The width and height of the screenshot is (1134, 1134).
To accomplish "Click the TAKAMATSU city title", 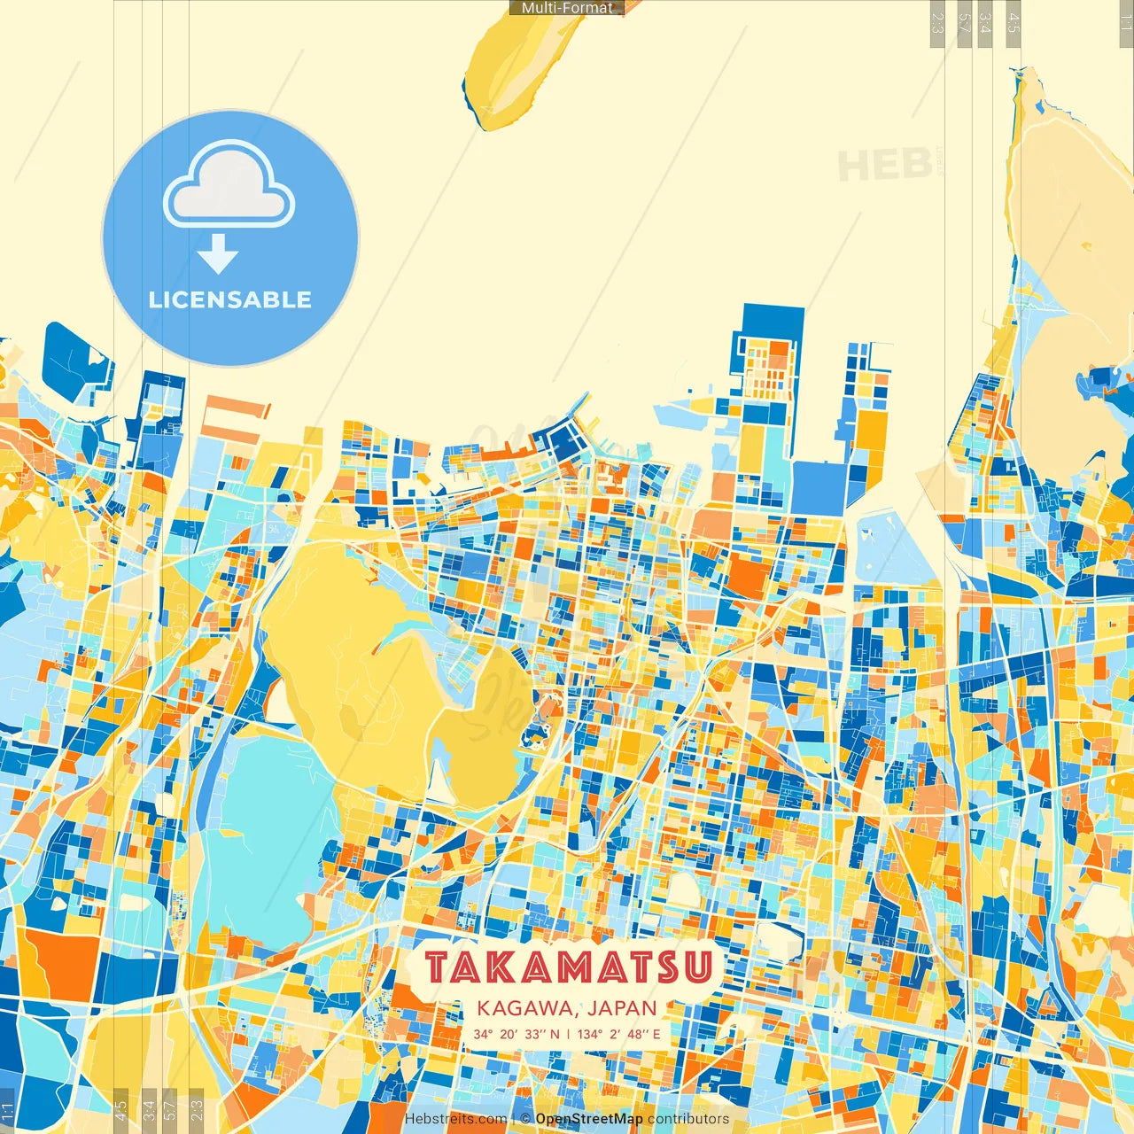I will [568, 967].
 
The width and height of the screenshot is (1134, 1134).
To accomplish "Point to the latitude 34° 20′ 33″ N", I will [517, 1034].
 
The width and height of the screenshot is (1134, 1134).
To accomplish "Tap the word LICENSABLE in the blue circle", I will [230, 299].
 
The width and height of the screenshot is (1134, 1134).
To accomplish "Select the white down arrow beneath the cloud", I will [218, 254].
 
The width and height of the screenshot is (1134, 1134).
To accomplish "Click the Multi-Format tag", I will [567, 8].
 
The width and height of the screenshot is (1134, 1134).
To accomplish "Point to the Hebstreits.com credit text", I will [455, 1119].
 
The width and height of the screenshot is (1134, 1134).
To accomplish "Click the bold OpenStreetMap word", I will [588, 1119].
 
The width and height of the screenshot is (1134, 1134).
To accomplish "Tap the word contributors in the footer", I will [688, 1119].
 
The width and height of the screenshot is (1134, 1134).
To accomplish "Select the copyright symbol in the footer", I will [525, 1119].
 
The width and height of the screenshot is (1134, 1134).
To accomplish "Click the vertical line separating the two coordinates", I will [568, 1034].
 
